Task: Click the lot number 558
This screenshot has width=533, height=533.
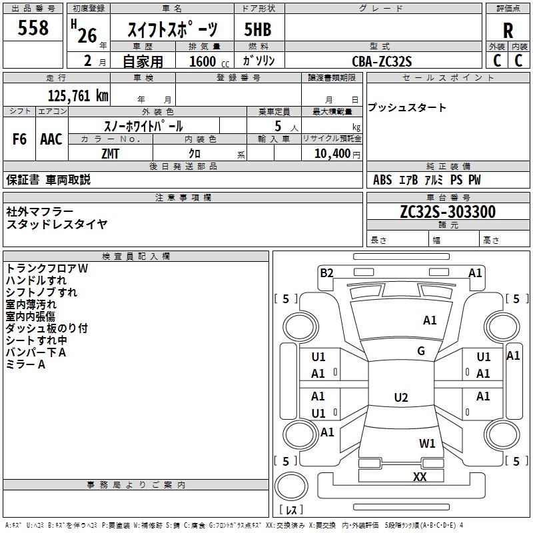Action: coord(33,28)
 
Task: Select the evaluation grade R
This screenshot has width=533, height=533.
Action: coord(508,30)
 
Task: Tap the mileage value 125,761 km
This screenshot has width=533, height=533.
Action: coord(78,95)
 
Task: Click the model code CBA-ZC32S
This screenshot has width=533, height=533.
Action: coord(382,61)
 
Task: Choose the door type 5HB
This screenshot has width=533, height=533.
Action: coord(259,30)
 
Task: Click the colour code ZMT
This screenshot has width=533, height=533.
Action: coord(111,153)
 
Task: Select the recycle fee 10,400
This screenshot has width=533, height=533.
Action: coord(330,153)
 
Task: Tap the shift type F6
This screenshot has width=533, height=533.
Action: coord(20,139)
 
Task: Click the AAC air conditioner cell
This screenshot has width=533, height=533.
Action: coord(51,139)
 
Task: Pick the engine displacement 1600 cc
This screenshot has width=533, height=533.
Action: coord(204,61)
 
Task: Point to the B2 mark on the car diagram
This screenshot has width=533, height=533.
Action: coord(326,272)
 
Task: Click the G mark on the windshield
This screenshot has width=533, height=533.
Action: coord(421,351)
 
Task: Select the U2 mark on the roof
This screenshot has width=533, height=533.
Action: coord(400,398)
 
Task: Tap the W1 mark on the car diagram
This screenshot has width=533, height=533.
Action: coord(427,443)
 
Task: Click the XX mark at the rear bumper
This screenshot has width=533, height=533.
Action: coord(420,476)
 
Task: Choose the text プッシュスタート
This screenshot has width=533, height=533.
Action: coord(407,108)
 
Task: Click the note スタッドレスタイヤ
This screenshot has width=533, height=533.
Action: coord(57,224)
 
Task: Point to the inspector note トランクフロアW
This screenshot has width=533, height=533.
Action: coord(47,268)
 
